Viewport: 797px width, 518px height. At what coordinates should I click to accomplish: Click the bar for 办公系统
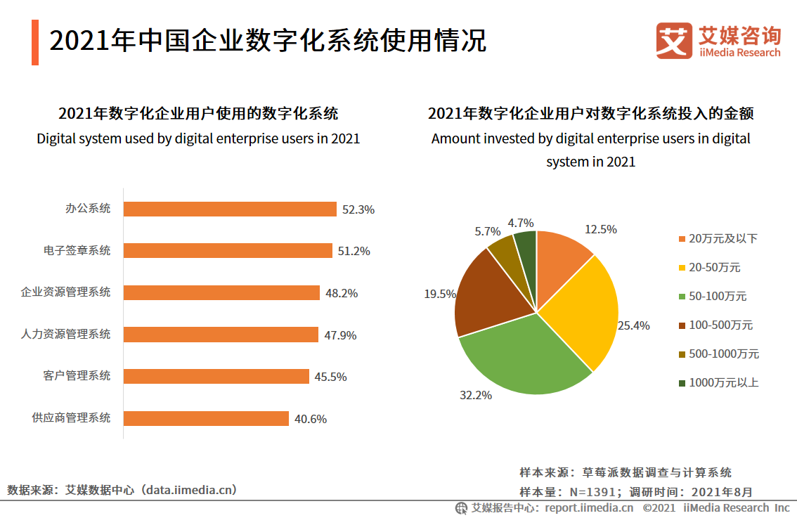point(230,209)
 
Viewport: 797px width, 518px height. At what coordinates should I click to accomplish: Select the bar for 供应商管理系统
point(206,419)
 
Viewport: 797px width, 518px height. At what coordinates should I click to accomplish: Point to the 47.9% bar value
point(340,335)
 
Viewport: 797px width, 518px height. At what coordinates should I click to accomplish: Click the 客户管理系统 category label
point(77,376)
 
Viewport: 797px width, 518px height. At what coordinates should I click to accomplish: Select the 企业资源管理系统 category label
point(65,292)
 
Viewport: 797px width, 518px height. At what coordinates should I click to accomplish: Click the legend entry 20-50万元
point(714,268)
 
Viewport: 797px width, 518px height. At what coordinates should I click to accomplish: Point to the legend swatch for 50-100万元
point(682,297)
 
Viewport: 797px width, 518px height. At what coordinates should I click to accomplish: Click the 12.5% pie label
point(600,229)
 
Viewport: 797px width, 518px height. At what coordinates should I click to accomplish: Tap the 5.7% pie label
point(487,231)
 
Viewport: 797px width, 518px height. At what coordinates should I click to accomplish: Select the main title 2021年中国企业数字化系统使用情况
point(268,41)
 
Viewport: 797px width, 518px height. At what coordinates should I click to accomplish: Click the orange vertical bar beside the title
point(35,42)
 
